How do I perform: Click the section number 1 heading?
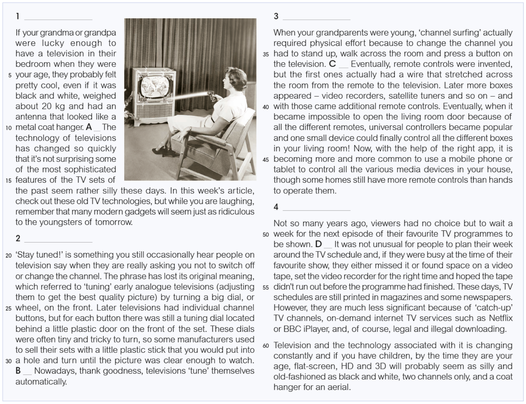(18, 16)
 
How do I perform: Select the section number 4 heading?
(276, 207)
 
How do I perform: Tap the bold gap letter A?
(89, 127)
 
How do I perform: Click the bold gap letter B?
(18, 371)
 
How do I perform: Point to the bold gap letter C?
(332, 64)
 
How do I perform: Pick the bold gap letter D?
(318, 244)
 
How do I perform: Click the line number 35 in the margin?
(266, 54)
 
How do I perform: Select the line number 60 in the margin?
(266, 346)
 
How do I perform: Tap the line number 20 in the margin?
(8, 256)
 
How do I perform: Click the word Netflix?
(501, 318)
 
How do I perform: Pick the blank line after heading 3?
(316, 18)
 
